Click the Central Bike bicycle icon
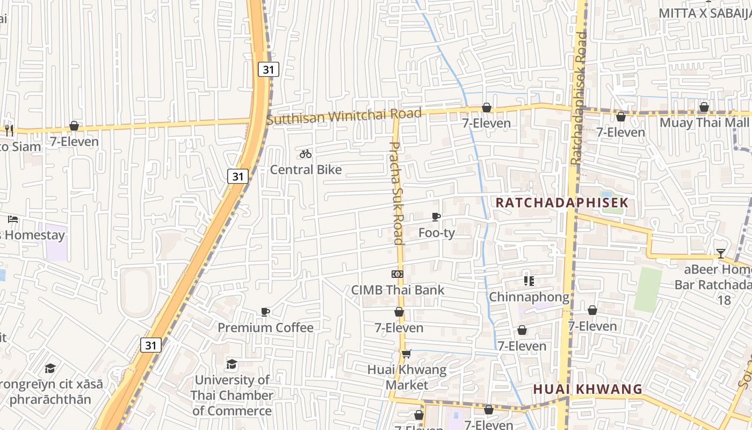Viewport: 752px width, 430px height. point(306,154)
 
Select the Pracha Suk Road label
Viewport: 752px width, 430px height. point(396,193)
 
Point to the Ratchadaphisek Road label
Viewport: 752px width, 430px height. point(580,98)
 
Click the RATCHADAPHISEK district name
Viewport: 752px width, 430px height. point(561,203)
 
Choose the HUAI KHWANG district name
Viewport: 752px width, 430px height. point(588,389)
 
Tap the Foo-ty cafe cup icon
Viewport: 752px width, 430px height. point(436,217)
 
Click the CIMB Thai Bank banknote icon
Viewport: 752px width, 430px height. point(397,274)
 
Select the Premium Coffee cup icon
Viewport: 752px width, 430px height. point(265,312)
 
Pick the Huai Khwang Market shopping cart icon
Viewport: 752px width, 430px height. point(407,354)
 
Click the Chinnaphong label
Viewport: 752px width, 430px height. point(529,297)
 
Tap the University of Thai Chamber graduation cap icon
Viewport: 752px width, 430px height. point(232,364)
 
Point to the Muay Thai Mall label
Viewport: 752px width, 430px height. point(704,123)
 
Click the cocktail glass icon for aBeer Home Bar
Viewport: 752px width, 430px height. point(720,253)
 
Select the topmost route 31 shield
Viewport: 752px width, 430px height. point(268,69)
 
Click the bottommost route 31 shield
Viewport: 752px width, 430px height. point(151,345)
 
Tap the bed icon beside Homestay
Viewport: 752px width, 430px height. point(13,219)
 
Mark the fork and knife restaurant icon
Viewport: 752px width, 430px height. point(9,129)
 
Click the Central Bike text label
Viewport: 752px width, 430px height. point(306,170)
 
